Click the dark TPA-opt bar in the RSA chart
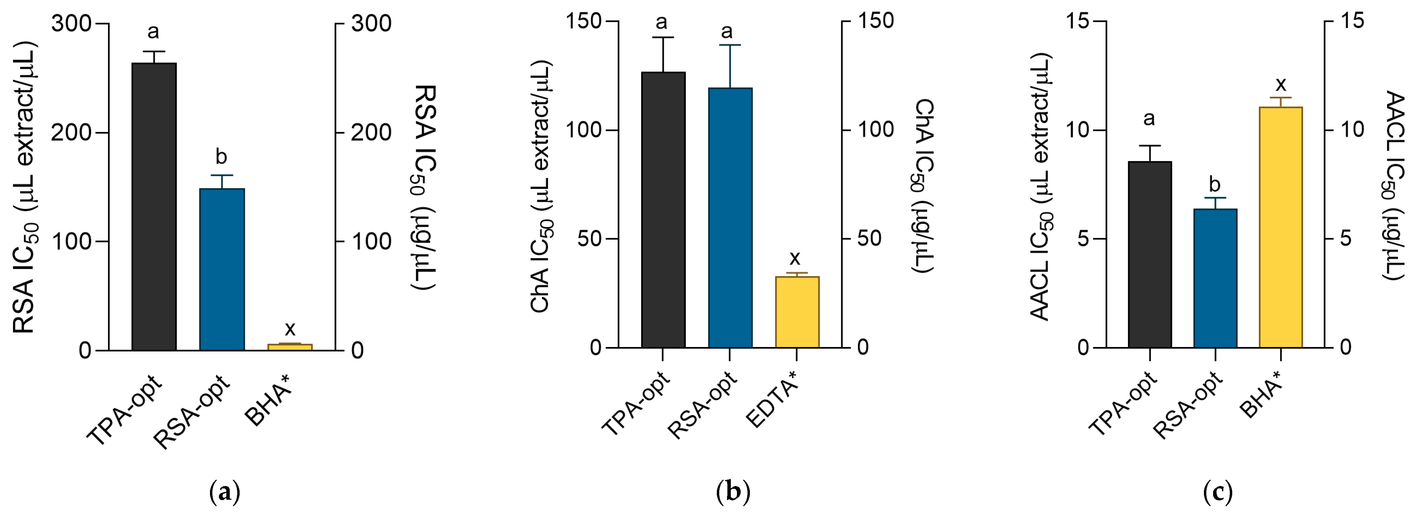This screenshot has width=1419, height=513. pos(154,207)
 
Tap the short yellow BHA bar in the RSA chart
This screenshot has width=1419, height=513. pos(290,347)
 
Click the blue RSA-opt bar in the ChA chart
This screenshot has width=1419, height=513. pos(730,218)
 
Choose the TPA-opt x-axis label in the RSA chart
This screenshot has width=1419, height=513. pos(125,410)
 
